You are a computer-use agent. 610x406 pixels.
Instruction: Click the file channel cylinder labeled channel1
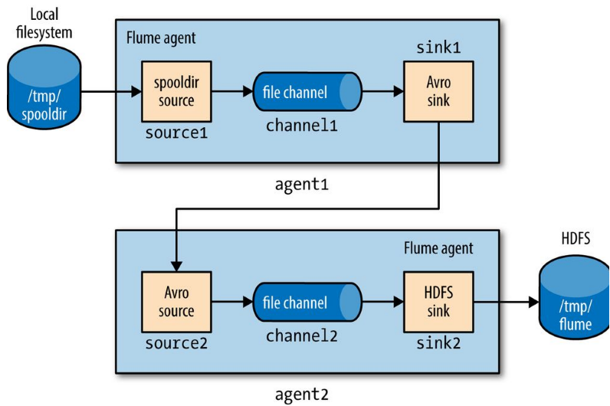tap(307, 93)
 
